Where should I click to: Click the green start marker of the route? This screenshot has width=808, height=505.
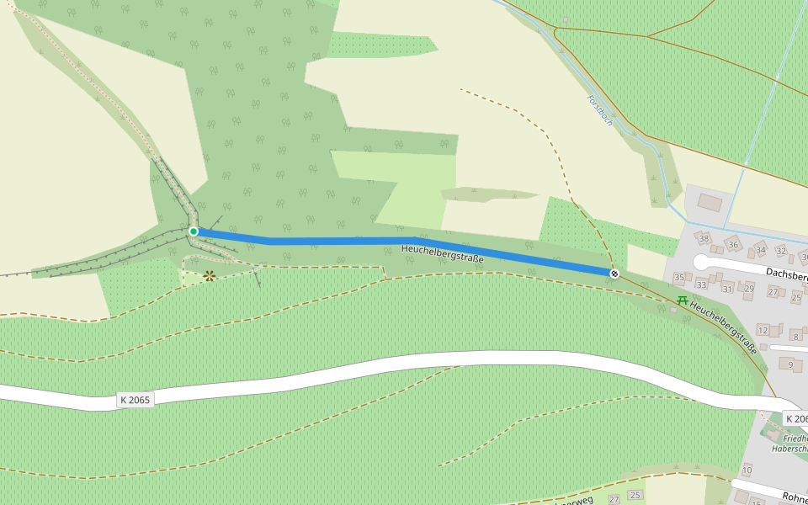pyautogui.click(x=193, y=231)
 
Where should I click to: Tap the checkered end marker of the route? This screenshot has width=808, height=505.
pyautogui.click(x=615, y=273)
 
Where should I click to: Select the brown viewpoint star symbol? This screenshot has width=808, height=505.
pyautogui.click(x=209, y=275)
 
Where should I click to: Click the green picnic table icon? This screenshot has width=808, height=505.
pyautogui.click(x=683, y=300)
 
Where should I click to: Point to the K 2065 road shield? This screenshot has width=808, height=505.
pyautogui.click(x=135, y=400)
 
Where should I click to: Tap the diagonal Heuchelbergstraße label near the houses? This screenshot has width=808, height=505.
pyautogui.click(x=723, y=327)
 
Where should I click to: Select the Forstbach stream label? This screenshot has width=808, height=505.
pyautogui.click(x=600, y=110)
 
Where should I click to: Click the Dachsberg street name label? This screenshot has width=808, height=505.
pyautogui.click(x=787, y=275)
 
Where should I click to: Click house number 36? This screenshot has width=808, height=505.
pyautogui.click(x=733, y=245)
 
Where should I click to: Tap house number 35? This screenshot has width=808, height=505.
pyautogui.click(x=679, y=277)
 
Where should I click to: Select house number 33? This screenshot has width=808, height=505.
pyautogui.click(x=701, y=284)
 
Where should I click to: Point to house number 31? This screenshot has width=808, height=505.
pyautogui.click(x=727, y=289)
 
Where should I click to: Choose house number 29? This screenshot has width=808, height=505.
pyautogui.click(x=749, y=289)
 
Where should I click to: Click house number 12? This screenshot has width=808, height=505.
pyautogui.click(x=763, y=331)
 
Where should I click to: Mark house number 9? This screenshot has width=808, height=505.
pyautogui.click(x=790, y=364)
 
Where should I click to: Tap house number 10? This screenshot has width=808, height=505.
pyautogui.click(x=747, y=470)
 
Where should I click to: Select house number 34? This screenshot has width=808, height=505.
pyautogui.click(x=761, y=249)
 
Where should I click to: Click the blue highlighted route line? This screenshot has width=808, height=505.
pyautogui.click(x=337, y=241)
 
